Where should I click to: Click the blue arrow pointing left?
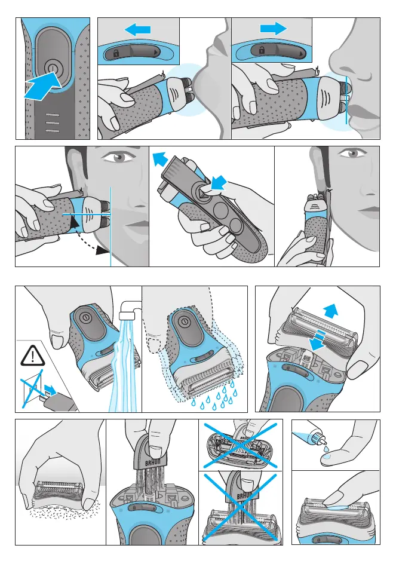coord(138,29)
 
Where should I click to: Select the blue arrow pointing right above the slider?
coord(274,28)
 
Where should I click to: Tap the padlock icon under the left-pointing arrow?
coord(116,53)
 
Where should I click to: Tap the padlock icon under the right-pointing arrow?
coord(262,50)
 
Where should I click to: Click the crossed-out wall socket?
coord(32,388)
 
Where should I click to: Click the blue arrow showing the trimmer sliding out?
coord(160,160)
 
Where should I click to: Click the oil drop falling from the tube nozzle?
coord(325,449)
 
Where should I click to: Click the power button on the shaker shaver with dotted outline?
coord(185,322)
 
